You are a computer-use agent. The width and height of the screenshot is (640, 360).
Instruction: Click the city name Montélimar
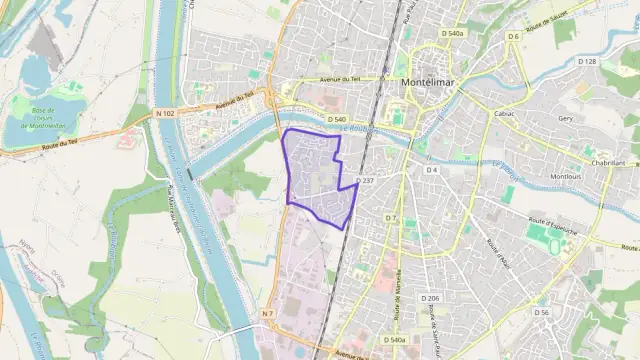tap(429, 82)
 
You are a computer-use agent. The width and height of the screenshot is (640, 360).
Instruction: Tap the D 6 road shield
tap(513, 36)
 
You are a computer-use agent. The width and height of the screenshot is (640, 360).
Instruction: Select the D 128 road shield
tap(587, 61)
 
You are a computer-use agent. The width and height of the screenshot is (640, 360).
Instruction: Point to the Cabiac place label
tap(504, 113)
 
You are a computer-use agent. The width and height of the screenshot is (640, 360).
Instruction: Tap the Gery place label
tap(565, 118)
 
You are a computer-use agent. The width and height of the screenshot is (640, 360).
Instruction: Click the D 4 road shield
tap(432, 170)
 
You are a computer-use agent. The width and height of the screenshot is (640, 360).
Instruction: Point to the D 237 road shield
tap(366, 180)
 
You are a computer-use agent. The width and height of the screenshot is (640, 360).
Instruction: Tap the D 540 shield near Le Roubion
tap(336, 118)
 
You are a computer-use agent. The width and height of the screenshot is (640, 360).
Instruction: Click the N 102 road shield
tap(167, 113)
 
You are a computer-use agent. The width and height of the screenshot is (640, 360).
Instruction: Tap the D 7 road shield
tap(391, 217)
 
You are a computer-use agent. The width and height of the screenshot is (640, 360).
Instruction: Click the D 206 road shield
tap(431, 298)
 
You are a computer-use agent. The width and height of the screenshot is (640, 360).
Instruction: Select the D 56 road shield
tap(542, 312)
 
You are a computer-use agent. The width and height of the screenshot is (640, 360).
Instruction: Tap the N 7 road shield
tap(267, 314)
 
